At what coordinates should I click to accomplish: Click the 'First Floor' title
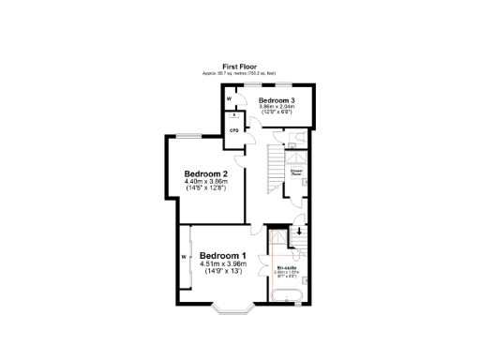coord(239,67)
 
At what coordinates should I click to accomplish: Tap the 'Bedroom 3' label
coord(277,100)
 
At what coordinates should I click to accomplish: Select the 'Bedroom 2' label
coord(206,173)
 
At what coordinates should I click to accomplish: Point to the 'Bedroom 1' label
coord(223,256)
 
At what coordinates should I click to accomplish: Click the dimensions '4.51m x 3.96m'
coord(223,264)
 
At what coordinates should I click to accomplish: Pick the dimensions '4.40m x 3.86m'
coord(206,182)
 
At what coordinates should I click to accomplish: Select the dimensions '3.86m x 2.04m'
coord(277,107)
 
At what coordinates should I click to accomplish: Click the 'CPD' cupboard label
coord(233,129)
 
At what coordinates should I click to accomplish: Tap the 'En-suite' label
coord(287,267)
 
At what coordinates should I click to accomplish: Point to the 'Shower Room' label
coord(296,173)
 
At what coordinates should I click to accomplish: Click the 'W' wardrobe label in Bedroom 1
coord(185,257)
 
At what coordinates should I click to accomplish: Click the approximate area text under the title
coord(239,73)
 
